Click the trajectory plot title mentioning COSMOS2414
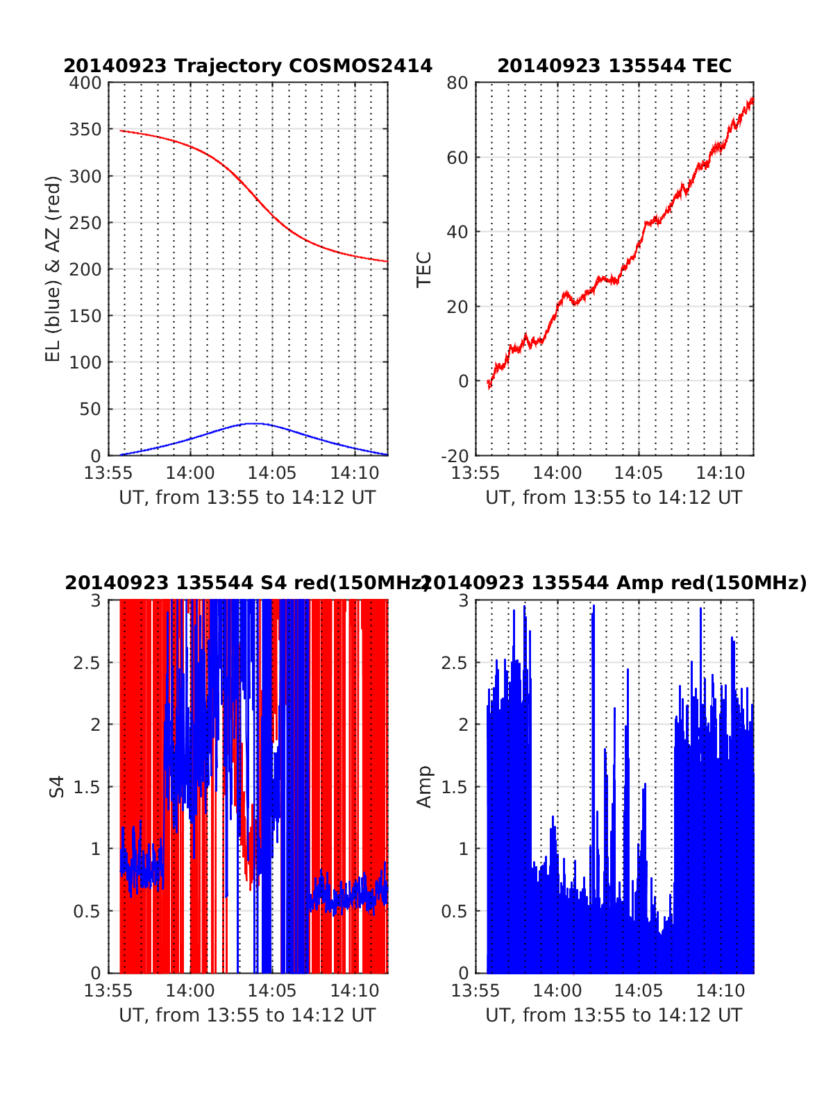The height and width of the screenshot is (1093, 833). tap(248, 66)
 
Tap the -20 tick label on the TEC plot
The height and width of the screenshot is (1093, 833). tap(455, 455)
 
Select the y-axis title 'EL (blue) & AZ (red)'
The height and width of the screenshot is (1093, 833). tap(53, 269)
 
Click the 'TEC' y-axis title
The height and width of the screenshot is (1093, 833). tap(423, 269)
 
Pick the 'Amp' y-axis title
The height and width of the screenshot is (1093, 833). tap(423, 786)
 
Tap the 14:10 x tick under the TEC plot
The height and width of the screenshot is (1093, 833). tap(721, 473)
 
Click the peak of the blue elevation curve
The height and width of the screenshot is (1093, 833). tap(255, 423)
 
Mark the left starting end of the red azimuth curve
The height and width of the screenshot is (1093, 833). tap(121, 130)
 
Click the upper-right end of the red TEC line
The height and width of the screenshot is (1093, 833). tap(752, 99)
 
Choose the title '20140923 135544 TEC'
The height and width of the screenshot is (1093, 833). tap(614, 66)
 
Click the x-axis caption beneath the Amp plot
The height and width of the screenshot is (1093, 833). tap(614, 1015)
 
